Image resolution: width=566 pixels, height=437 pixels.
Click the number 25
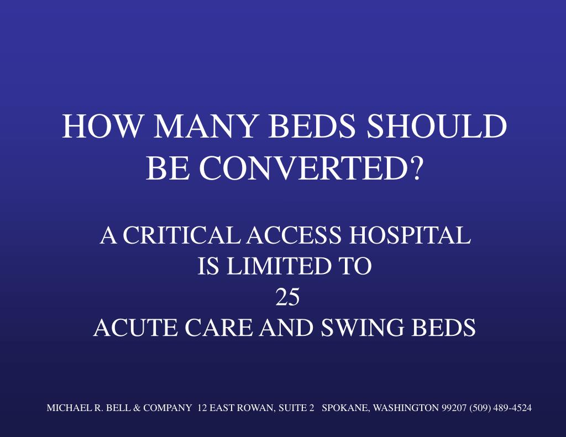point(287,297)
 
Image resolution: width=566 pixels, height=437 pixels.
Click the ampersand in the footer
point(136,408)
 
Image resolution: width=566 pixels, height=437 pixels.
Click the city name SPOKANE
point(346,408)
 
